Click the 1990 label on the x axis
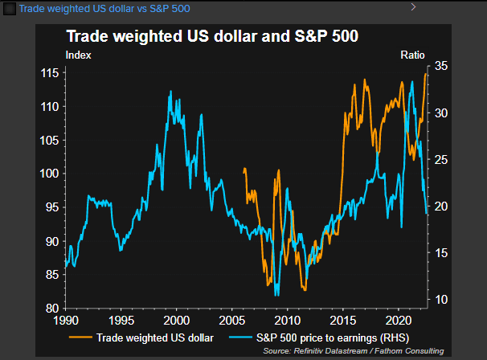click(x=66, y=320)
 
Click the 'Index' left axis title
click(x=78, y=55)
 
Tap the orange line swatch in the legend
click(x=80, y=337)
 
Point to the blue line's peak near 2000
click(x=170, y=91)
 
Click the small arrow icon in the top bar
click(x=413, y=6)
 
